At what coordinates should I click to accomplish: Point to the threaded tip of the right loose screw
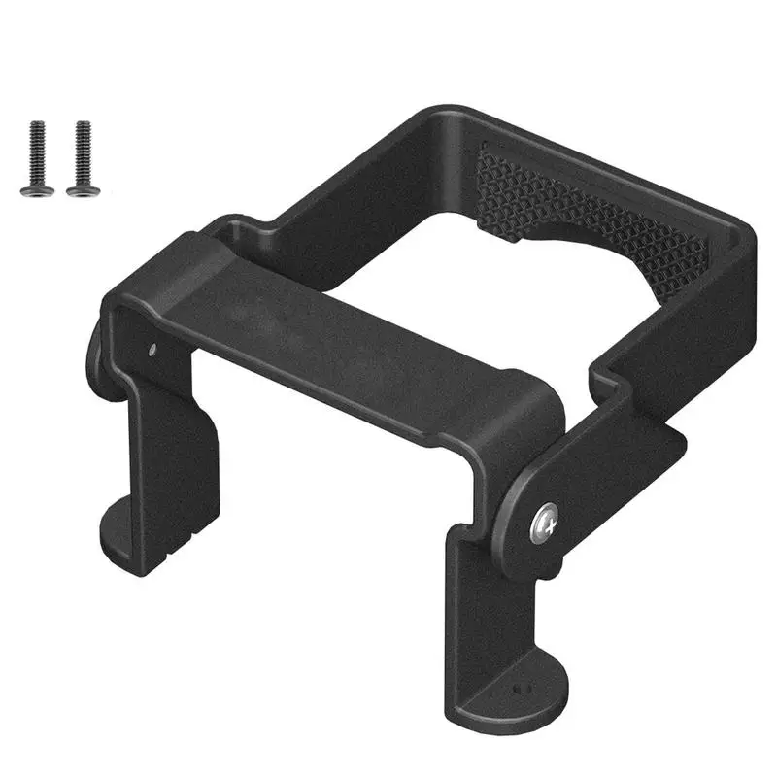coord(83,126)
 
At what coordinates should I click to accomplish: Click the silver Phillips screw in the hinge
coord(546,525)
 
